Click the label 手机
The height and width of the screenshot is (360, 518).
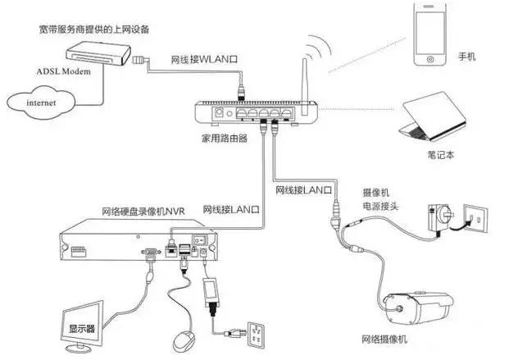[467, 57]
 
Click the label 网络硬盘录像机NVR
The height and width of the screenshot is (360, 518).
[143, 212]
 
